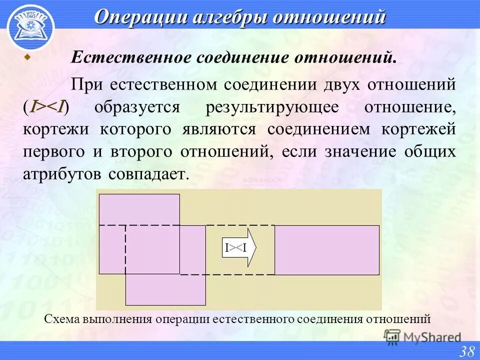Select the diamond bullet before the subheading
(28, 57)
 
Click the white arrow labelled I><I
(239, 247)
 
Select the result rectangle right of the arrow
(326, 250)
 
